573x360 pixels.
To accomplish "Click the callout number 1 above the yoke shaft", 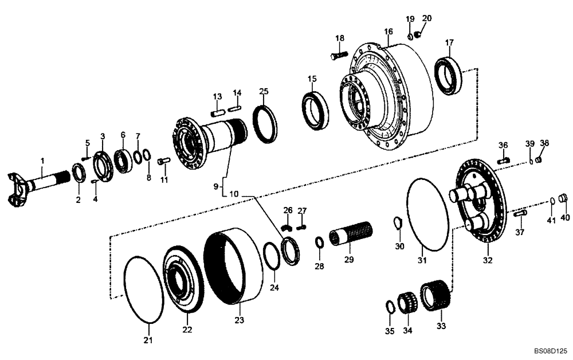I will coord(42,162).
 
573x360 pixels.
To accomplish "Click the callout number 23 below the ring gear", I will coord(239,320).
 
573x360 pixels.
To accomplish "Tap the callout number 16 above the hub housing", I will coord(388,31).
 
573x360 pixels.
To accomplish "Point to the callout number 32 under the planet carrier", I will coord(488,260).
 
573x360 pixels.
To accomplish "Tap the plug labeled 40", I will coord(563,199).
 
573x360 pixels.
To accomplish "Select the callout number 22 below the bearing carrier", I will coord(187,330).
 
